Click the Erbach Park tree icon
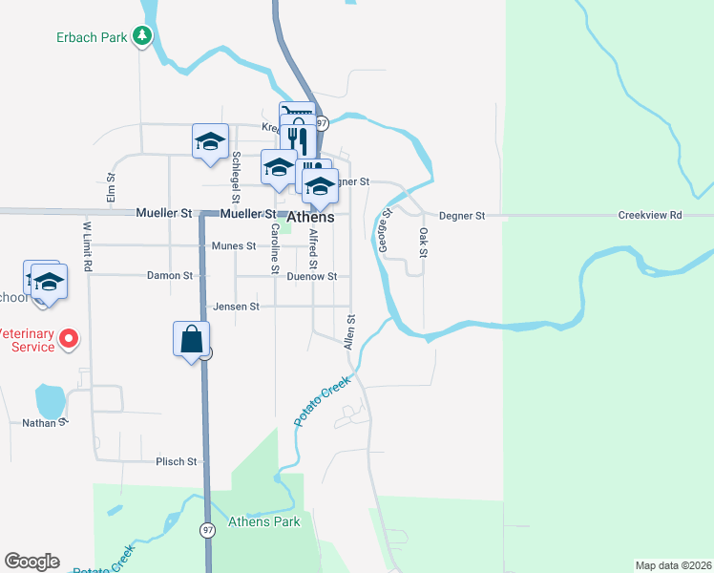142,36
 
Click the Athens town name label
310,217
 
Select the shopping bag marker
191,339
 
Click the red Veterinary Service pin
69,338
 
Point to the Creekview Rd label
650,216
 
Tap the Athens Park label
264,521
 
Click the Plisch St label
177,461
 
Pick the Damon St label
169,275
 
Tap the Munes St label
234,245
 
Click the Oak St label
423,242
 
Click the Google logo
31,562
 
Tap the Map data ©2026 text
673,564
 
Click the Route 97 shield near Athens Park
207,529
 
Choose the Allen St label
350,330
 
